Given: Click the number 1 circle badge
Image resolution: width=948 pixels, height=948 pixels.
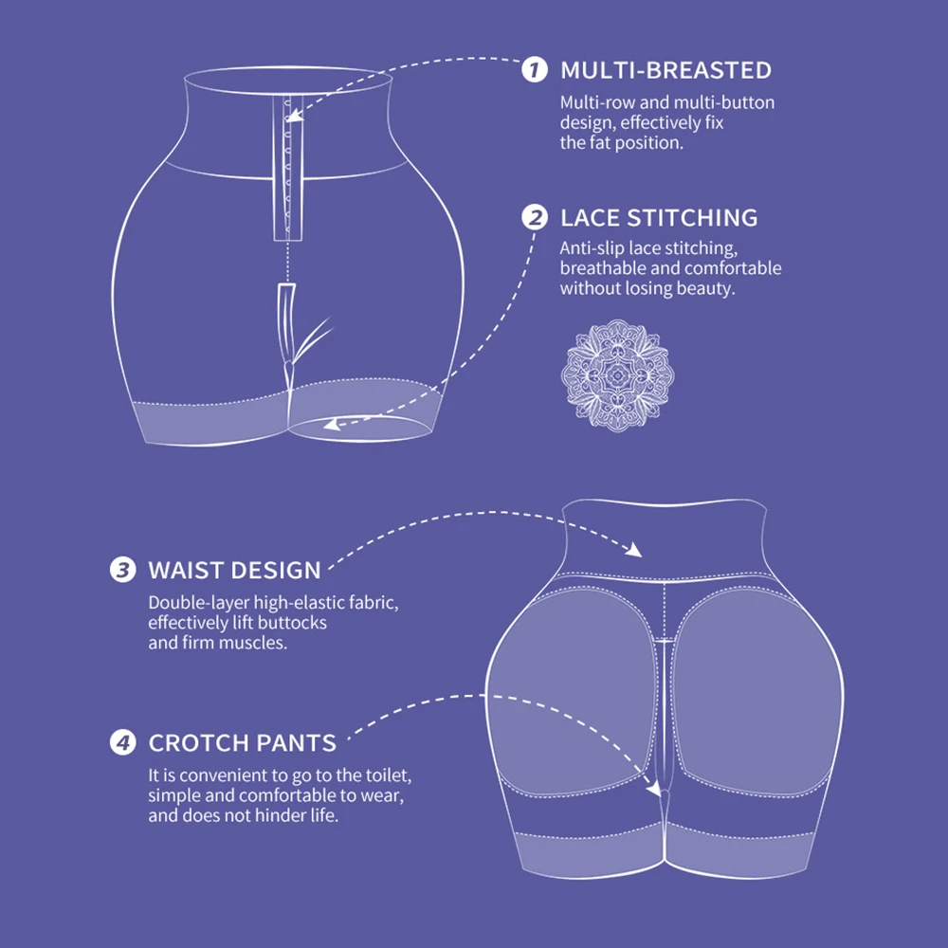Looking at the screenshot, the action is click(535, 70).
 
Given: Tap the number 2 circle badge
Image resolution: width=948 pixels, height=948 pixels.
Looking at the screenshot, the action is click(535, 218).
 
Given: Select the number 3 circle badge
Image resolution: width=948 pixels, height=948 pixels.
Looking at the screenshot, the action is click(122, 570).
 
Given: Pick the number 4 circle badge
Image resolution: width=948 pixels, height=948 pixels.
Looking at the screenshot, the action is click(122, 742).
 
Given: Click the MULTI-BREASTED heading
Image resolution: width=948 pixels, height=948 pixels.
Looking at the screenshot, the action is click(665, 71).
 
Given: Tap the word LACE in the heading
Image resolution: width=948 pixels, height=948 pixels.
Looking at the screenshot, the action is click(590, 218).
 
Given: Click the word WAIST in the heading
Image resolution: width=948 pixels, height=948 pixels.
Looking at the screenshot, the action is click(185, 570).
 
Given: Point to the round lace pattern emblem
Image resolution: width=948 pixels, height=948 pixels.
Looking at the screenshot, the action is click(617, 375).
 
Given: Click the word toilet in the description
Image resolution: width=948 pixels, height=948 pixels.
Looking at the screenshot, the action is click(389, 775).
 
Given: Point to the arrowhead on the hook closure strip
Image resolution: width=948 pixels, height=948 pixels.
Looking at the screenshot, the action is click(294, 115).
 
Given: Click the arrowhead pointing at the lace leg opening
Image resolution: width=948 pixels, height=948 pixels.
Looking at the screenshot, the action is click(332, 425).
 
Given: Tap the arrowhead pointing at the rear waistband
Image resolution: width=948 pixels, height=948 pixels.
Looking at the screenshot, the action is click(633, 550).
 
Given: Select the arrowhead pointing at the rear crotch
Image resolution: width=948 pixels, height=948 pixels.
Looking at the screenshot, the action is click(653, 789).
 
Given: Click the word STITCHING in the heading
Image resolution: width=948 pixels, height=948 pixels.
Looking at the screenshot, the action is click(692, 218).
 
